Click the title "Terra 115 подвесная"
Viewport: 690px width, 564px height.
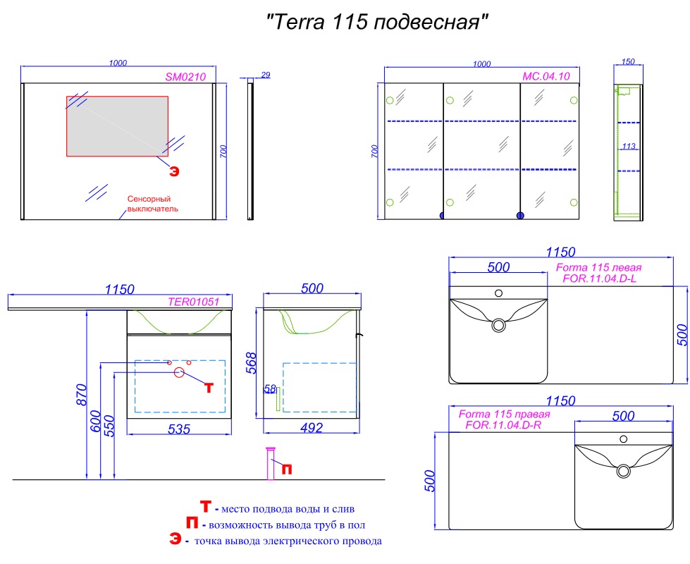[x=378, y=22]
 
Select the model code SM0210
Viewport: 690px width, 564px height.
[x=185, y=77]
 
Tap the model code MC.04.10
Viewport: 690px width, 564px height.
[x=546, y=76]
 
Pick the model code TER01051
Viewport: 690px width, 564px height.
[x=194, y=302]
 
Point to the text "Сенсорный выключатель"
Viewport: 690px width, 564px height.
[x=153, y=204]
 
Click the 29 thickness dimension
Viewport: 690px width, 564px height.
[x=265, y=75]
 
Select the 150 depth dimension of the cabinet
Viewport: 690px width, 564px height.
[x=628, y=61]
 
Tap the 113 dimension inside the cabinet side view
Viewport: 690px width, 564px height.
[x=629, y=146]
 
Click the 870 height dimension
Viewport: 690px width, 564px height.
[x=82, y=395]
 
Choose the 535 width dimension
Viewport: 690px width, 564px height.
[x=179, y=429]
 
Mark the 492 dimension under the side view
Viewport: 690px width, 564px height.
[x=312, y=427]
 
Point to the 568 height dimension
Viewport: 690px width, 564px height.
[x=251, y=363]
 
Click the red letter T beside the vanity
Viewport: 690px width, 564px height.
[x=209, y=388]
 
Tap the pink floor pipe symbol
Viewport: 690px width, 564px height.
[x=270, y=464]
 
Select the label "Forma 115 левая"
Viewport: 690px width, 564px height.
[x=598, y=267]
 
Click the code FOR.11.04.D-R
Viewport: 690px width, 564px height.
[x=503, y=425]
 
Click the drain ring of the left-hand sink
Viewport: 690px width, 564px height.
[x=498, y=326]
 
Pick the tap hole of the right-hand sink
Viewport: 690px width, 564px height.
[x=623, y=439]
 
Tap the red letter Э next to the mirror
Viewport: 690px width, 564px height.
[x=174, y=171]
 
